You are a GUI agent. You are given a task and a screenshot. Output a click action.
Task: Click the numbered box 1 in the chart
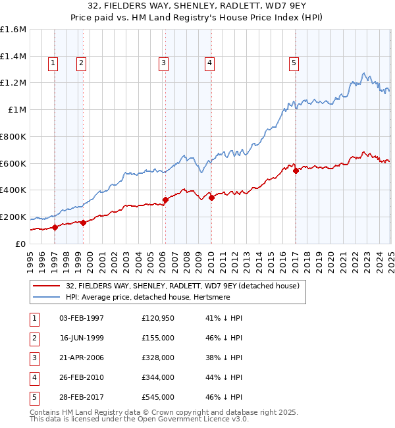tap(52, 63)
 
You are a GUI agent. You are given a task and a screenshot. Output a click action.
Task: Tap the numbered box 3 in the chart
tap(163, 63)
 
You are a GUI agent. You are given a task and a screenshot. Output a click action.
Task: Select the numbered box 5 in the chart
tap(293, 63)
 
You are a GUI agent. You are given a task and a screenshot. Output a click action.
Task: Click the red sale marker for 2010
tap(211, 198)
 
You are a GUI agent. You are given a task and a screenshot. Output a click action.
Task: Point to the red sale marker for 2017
tap(296, 171)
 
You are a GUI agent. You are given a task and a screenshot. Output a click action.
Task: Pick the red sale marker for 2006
tap(165, 200)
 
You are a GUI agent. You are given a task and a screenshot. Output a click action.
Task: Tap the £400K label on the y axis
tap(13, 190)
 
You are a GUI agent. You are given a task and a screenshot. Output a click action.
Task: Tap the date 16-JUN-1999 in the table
tap(82, 338)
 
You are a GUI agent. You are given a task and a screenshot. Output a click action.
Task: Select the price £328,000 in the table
tap(158, 358)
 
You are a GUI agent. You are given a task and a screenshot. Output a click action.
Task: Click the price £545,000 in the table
tap(158, 398)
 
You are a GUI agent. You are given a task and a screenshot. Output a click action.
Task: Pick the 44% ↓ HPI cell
tap(224, 378)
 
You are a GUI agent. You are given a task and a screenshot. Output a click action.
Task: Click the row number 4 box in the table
tap(34, 378)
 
